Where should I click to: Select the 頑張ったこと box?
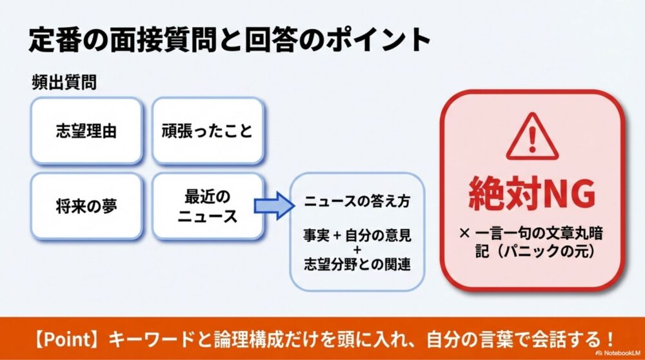[207, 131]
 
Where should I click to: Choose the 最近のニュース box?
[207, 206]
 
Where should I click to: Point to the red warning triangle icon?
[531, 137]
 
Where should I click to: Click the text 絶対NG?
[531, 192]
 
